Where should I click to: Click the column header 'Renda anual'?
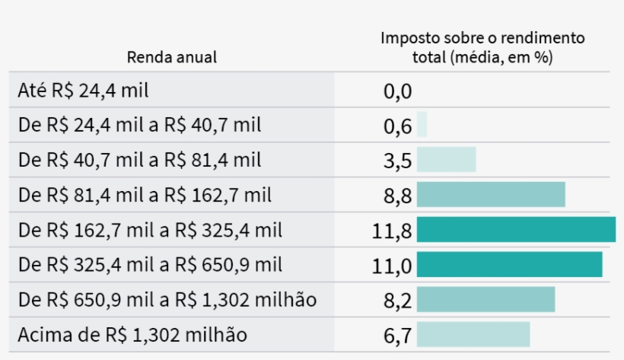pos(171,57)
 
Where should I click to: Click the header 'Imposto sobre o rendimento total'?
pos(482,47)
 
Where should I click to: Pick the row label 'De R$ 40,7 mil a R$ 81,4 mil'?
pos(139,160)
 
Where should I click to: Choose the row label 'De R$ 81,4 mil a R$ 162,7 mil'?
pos(145,195)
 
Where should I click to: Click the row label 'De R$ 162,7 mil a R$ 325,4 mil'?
pos(150,230)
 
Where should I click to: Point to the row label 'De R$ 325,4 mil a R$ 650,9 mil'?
pos(150,265)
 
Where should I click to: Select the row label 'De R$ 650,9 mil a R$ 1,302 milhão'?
pos(167,300)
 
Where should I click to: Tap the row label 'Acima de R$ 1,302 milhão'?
pos(132,335)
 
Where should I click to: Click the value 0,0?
pos(397,92)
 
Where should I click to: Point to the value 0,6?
pos(397,126)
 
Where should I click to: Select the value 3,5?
pos(397,161)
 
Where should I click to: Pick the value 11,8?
pos(392,231)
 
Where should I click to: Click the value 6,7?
pos(397,336)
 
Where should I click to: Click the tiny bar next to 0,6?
pos(422,125)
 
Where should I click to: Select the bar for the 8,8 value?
pos(491,195)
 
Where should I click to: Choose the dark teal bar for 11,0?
pos(509,265)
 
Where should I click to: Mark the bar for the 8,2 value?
pos(486,300)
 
